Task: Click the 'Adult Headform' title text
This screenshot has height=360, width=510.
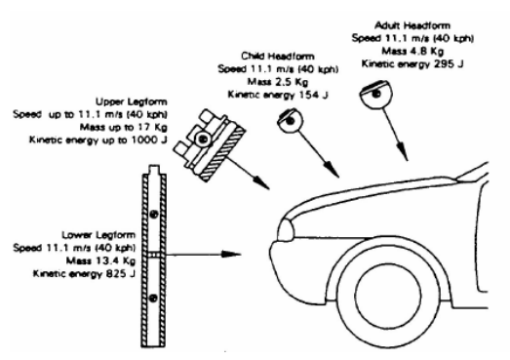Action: (412, 25)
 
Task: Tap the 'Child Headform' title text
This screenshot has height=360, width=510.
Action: (278, 56)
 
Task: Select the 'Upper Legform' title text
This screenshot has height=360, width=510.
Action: (132, 101)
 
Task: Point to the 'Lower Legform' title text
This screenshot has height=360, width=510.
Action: (98, 235)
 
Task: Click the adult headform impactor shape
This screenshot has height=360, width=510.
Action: (375, 94)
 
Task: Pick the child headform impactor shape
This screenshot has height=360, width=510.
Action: (290, 120)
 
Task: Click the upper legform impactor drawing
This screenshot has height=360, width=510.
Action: (210, 144)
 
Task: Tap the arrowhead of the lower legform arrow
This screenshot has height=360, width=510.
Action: (230, 254)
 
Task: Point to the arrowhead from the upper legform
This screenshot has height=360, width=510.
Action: (261, 183)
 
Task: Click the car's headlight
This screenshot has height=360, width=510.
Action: (286, 230)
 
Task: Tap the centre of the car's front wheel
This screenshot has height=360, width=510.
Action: (387, 296)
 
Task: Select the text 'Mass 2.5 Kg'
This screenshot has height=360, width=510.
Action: (278, 81)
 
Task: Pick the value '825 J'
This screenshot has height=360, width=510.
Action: (120, 274)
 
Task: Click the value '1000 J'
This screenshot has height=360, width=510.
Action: (149, 140)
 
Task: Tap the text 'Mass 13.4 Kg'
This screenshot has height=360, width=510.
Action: (100, 260)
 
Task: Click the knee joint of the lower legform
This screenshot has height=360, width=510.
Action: (154, 255)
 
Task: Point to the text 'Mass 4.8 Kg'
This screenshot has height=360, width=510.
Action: (412, 51)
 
